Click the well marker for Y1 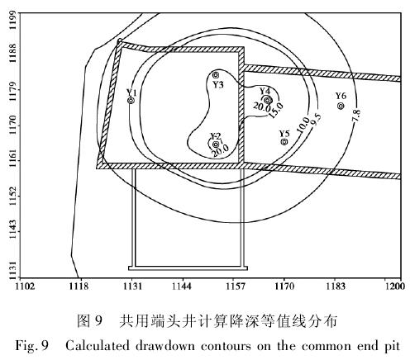[x=131, y=101]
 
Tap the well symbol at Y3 [x=216, y=75]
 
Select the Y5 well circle [x=284, y=142]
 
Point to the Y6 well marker [x=341, y=106]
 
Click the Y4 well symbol [x=267, y=100]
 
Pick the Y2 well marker [x=216, y=144]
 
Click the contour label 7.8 [x=356, y=116]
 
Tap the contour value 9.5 [x=316, y=120]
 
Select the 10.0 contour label [x=303, y=125]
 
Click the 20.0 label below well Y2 [x=221, y=151]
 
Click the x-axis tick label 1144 [x=182, y=287]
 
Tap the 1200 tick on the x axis [x=395, y=287]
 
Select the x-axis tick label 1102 [x=25, y=287]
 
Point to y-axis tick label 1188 [x=12, y=53]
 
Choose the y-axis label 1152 [x=12, y=197]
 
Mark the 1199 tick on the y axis [x=12, y=21]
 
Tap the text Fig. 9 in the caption [x=32, y=346]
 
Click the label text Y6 [x=341, y=96]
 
